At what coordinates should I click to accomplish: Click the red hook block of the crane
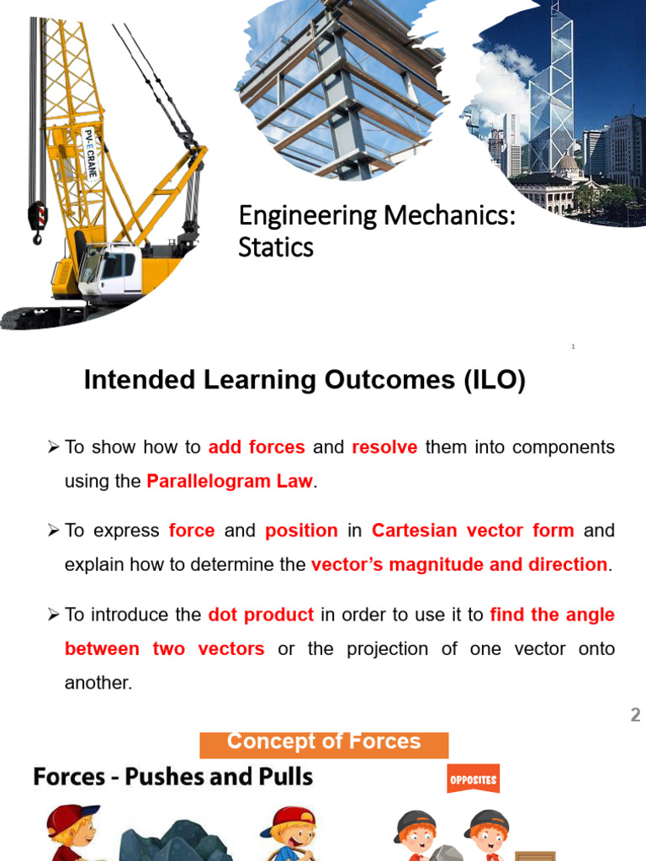38,217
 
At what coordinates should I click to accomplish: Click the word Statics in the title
276,247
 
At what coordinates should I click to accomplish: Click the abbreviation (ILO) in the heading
494,381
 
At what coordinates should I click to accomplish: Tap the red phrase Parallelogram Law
230,482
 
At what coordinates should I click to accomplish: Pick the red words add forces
257,447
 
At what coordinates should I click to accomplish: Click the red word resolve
384,447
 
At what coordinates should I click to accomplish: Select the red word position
301,531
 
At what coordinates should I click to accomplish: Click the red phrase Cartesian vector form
473,531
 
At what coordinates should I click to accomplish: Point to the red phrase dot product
261,615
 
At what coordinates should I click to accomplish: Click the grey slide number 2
635,716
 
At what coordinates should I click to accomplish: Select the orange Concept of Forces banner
324,743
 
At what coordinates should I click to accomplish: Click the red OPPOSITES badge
474,779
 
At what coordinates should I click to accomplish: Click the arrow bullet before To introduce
54,615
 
